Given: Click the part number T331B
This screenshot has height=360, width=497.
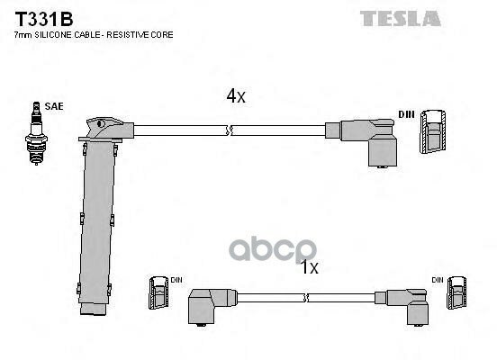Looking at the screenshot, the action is click(44, 19).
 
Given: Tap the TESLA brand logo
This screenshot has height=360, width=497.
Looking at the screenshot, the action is click(401, 18).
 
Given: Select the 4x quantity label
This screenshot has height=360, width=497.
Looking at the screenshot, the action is click(236, 95).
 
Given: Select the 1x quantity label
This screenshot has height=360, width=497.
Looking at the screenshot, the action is click(309, 266).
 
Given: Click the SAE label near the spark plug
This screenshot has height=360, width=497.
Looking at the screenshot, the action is click(54, 106).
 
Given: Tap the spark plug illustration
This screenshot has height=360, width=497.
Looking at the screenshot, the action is click(36, 133).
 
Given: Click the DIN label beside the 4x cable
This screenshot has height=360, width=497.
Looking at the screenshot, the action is click(406, 114).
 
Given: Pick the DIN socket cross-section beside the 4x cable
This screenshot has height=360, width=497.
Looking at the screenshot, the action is click(433, 131).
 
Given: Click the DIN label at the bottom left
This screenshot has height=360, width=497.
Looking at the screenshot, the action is click(176, 280).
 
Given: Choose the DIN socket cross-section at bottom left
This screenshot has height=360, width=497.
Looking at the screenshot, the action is click(158, 292).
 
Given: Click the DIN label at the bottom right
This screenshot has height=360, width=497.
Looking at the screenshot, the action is click(438, 280).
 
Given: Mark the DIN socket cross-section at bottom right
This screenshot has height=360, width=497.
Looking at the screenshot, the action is click(456, 292).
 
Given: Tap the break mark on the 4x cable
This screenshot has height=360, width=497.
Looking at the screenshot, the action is click(230, 130).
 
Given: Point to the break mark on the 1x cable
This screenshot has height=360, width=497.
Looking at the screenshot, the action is click(306, 298).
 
